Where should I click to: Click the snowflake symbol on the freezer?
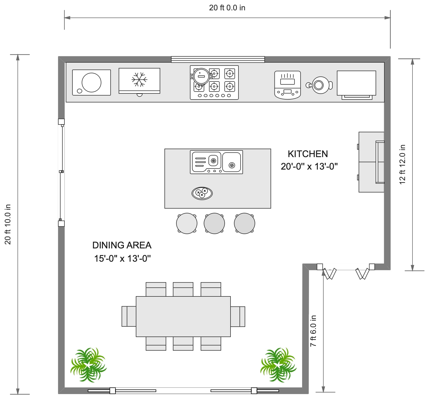click(x=140, y=79)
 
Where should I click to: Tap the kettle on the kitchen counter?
click(x=319, y=85)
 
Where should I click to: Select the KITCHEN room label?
click(x=308, y=154)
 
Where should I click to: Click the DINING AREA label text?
click(x=122, y=245)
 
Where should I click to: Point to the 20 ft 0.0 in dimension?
click(x=227, y=8)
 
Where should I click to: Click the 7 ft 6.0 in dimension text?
click(x=313, y=331)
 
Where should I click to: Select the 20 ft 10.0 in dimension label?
click(x=8, y=224)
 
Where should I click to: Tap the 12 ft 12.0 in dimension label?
click(x=402, y=165)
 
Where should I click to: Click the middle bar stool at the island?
click(x=214, y=223)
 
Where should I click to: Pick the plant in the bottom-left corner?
click(x=88, y=365)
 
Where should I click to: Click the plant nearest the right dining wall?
click(x=278, y=365)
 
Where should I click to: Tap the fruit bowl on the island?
click(x=202, y=193)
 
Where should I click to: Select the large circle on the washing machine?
click(x=92, y=82)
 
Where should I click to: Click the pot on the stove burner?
click(x=202, y=76)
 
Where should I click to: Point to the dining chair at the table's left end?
click(x=129, y=316)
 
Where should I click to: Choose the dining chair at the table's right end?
click(x=238, y=316)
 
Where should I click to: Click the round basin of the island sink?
click(x=232, y=162)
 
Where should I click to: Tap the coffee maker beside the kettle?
click(x=288, y=85)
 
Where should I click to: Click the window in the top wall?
click(x=218, y=59)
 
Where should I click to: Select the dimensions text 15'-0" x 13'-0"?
click(x=122, y=258)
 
